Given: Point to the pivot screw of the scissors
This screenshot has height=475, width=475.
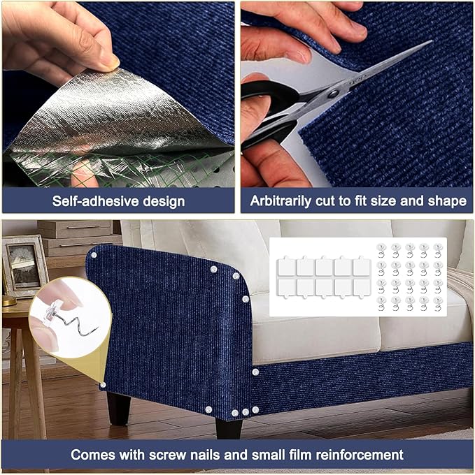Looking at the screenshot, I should click(x=334, y=92).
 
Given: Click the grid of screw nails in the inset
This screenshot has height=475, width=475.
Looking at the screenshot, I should click(x=409, y=277).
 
